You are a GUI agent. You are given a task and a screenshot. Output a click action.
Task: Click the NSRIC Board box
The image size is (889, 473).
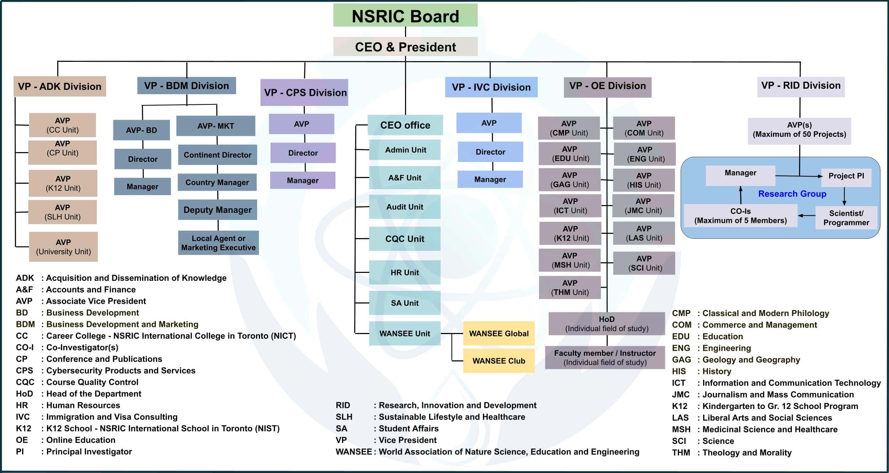tap(405, 16)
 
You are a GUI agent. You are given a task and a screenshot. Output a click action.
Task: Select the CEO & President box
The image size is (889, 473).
tap(405, 47)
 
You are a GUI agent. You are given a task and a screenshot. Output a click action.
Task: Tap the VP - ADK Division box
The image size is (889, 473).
tap(60, 86)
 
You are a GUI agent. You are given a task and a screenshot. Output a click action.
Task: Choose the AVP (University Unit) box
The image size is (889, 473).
tap(63, 247)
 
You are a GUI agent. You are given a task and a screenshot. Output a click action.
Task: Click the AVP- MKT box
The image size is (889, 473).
tap(215, 126)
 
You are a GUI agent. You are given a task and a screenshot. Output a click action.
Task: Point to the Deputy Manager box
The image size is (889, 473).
tap(217, 210)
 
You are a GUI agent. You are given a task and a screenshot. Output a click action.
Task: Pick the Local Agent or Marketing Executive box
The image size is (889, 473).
tap(218, 243)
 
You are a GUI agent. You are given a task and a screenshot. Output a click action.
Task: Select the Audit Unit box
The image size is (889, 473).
tap(405, 207)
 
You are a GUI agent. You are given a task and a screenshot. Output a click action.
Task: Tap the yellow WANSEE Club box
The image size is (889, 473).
tap(499, 361)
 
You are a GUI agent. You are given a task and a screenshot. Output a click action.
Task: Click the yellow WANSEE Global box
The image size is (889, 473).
tap(499, 333)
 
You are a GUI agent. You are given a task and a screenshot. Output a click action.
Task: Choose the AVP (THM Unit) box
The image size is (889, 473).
tap(570, 287)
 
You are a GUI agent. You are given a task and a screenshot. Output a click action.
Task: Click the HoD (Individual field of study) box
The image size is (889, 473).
tap(607, 323)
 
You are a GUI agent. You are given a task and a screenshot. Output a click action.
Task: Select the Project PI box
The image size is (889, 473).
tap(846, 176)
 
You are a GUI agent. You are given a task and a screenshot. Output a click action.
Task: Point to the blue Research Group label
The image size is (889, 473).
tap(792, 194)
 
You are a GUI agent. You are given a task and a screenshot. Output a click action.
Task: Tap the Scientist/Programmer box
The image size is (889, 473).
tap(846, 218)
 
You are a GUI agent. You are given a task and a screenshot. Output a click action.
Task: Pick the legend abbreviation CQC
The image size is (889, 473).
tap(25, 382)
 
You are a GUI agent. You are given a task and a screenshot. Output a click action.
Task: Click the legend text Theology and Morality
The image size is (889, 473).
tap(747, 452)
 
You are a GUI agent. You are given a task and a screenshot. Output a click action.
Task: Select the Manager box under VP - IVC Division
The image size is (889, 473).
tap(490, 179)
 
